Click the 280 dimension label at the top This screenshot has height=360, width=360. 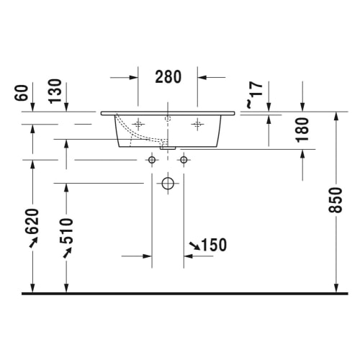coord(168,76)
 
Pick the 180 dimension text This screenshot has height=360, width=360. coord(302,129)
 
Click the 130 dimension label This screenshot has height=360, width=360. coord(52,93)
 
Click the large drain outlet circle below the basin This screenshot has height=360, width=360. coord(168,183)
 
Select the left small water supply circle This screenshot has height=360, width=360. coord(152,159)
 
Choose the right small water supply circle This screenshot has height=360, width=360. coord(184,159)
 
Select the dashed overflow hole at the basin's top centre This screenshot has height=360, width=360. coord(167,117)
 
